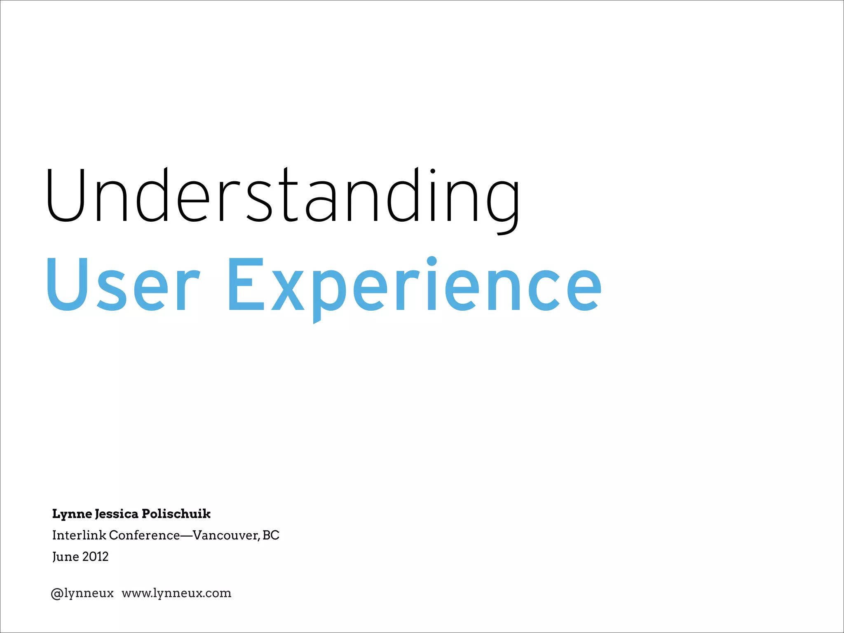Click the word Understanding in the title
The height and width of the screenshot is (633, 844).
(x=282, y=196)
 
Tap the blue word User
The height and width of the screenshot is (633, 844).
(x=123, y=284)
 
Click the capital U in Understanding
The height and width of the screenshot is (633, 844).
(x=66, y=196)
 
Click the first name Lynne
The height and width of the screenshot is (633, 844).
(x=72, y=514)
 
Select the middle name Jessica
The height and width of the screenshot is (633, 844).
(x=117, y=514)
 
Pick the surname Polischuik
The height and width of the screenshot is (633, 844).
(x=176, y=514)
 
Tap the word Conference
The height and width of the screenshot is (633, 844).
(x=144, y=535)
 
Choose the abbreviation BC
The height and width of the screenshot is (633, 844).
(x=271, y=535)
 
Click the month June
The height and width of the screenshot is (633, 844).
(x=66, y=557)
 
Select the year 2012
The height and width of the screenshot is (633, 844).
(x=95, y=557)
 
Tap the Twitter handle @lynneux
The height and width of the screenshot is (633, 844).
(x=82, y=593)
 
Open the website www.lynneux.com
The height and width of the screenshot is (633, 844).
(x=176, y=593)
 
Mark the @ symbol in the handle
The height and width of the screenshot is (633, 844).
(x=57, y=594)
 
